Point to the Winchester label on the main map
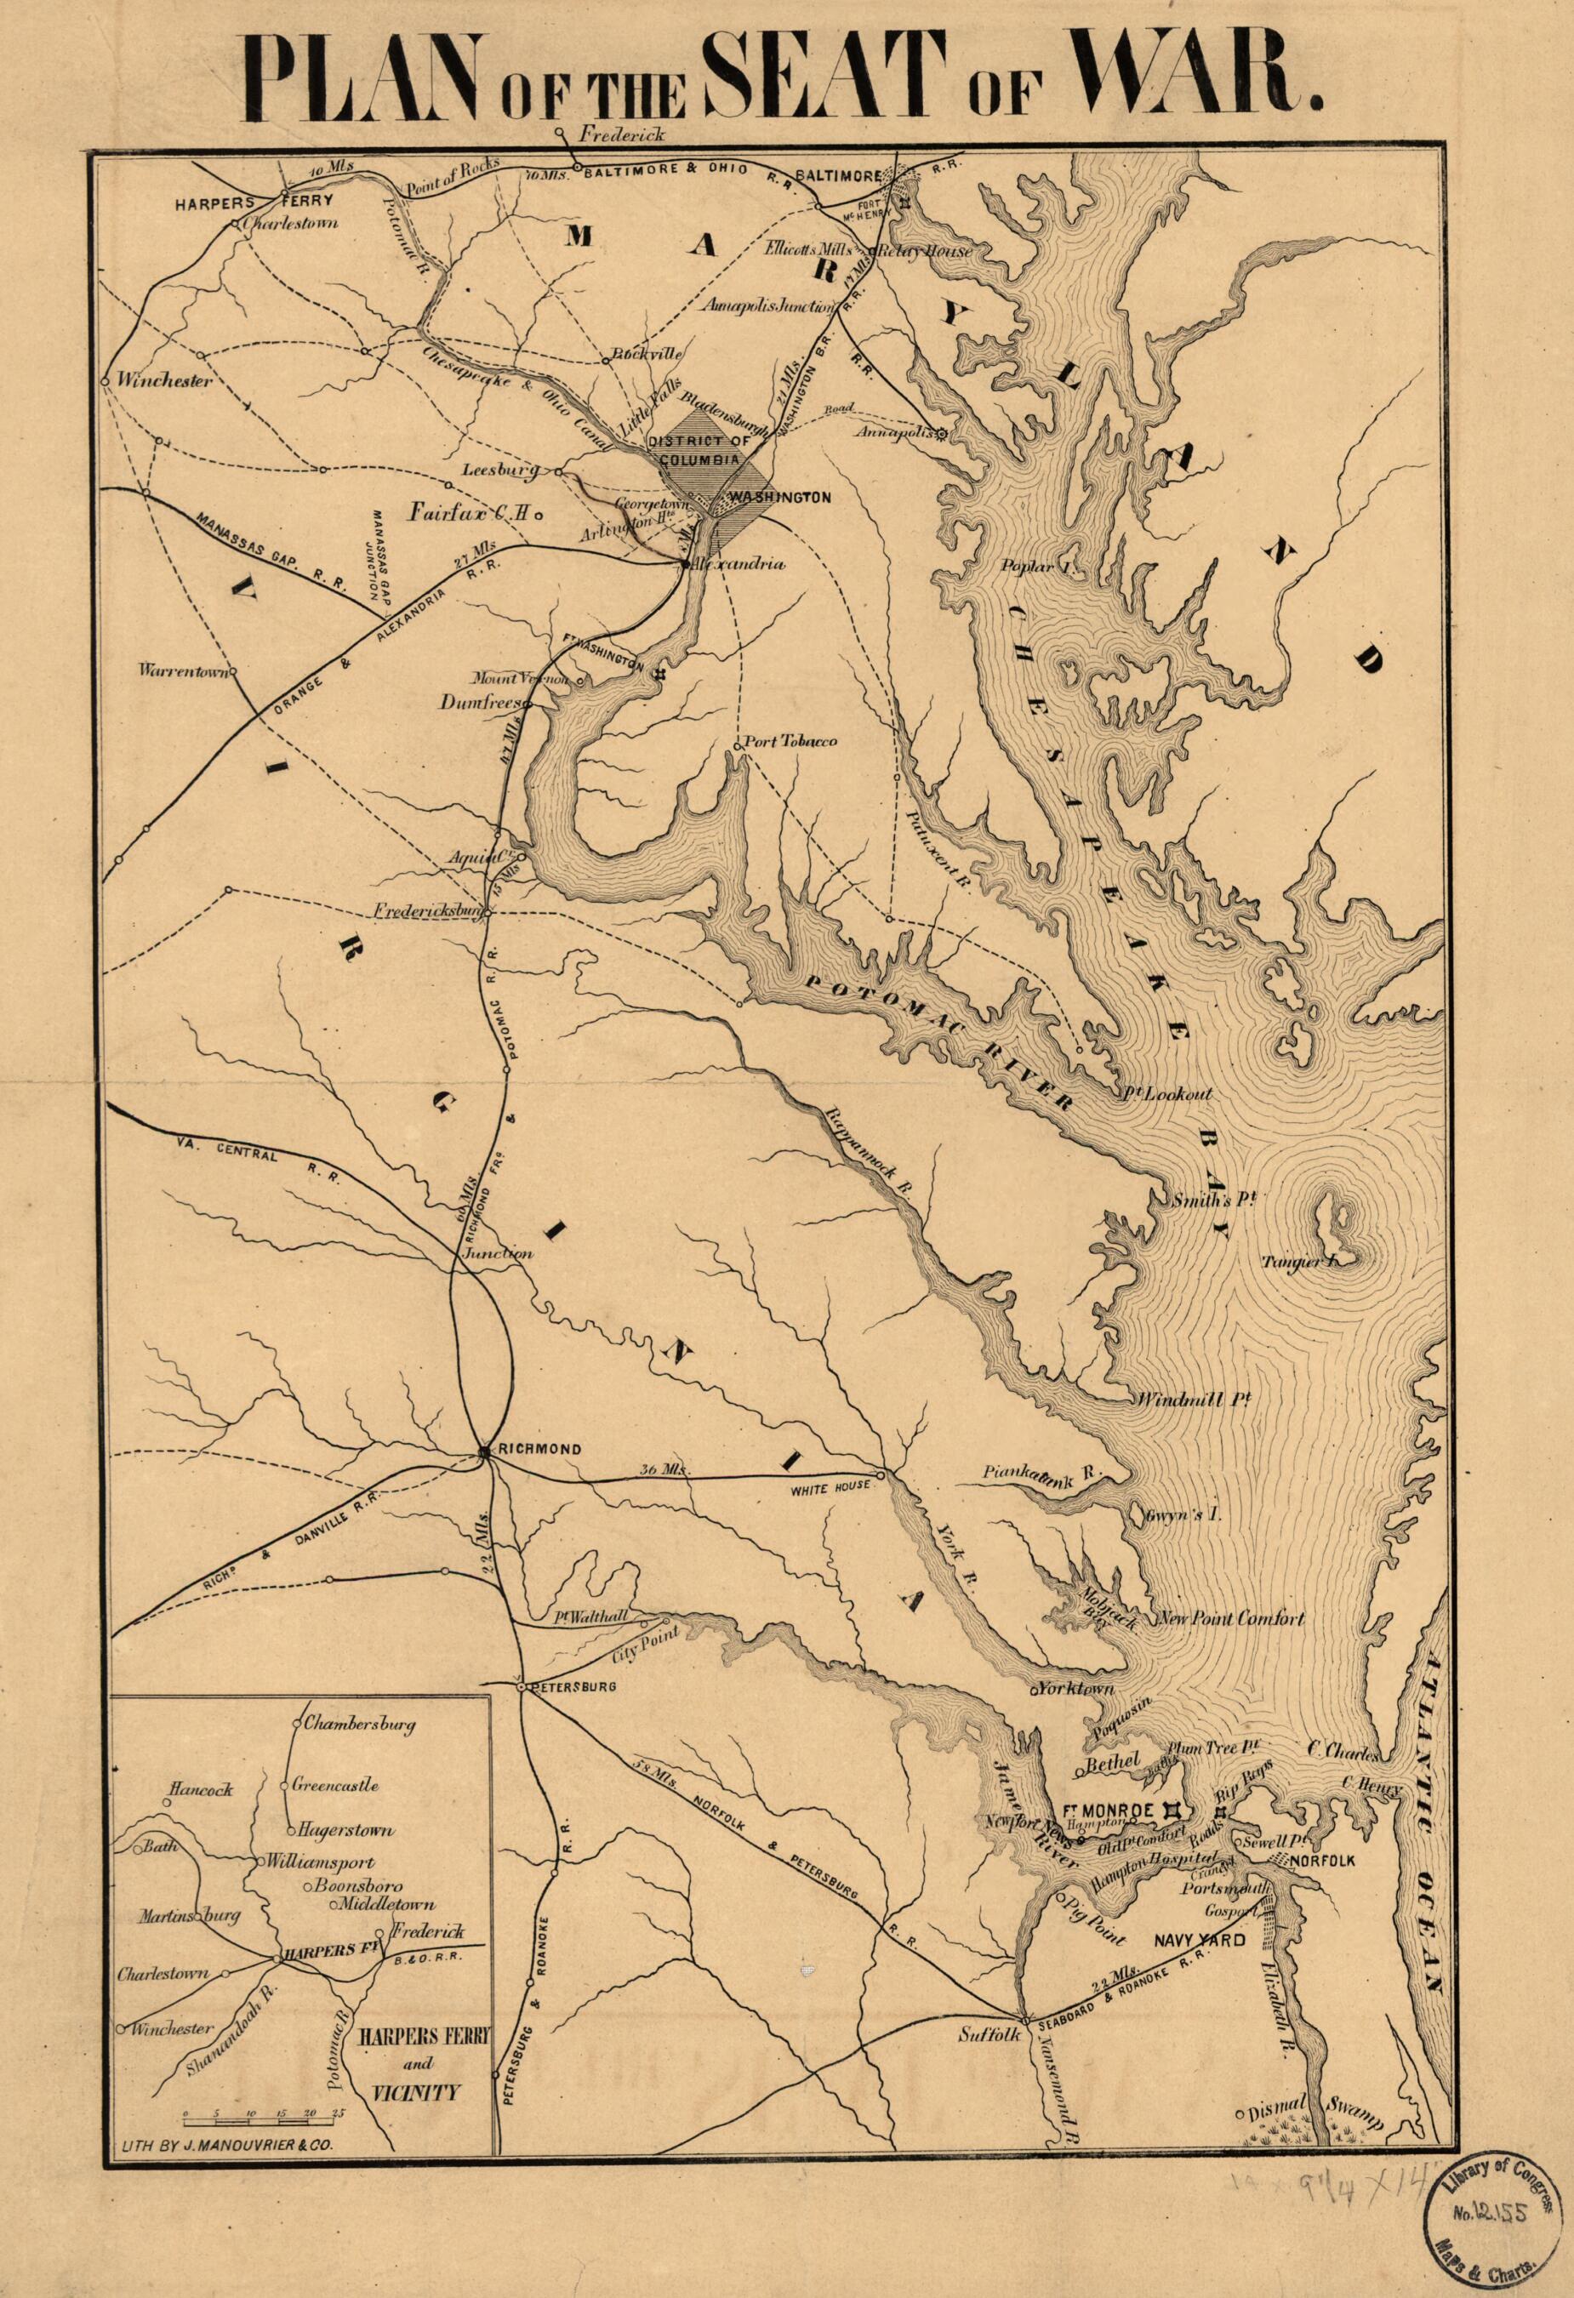[164, 380]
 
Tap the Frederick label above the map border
[623, 133]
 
